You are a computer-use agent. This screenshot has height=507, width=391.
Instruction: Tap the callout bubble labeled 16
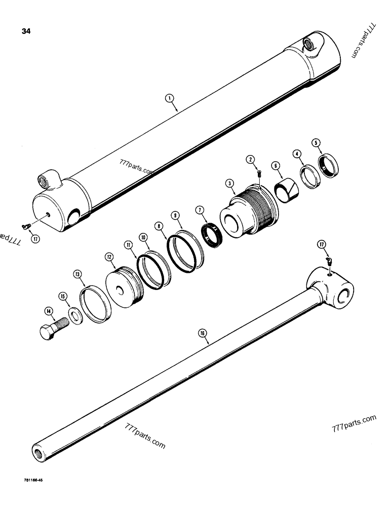[202, 333]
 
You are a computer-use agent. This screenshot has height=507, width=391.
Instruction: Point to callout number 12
[109, 258]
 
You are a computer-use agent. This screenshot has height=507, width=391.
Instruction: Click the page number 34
[26, 32]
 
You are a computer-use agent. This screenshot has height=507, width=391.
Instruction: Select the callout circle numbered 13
[78, 274]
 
